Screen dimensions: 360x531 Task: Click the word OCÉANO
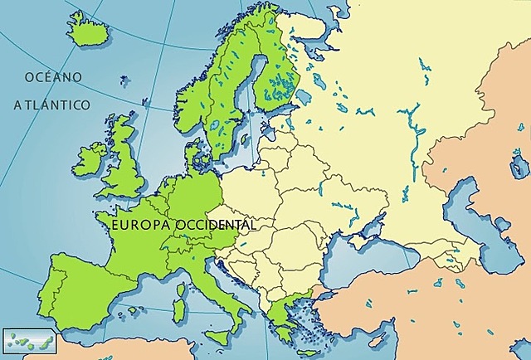point(53,77)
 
